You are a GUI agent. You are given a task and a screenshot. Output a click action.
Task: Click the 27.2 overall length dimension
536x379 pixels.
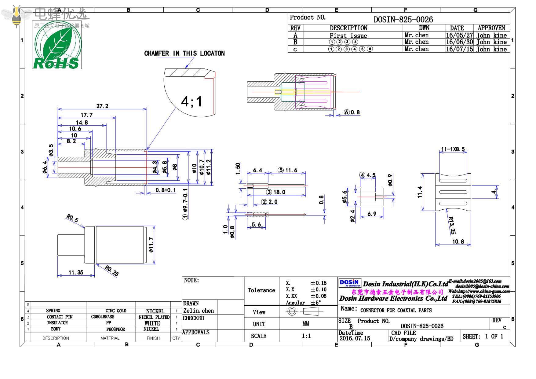pyautogui.click(x=102, y=106)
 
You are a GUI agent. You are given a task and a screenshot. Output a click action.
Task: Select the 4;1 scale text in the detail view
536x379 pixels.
pyautogui.click(x=191, y=101)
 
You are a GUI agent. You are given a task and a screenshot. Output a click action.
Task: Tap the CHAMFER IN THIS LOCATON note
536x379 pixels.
pyautogui.click(x=184, y=53)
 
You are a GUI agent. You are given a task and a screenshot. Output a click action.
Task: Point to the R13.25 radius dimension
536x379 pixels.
pyautogui.click(x=451, y=225)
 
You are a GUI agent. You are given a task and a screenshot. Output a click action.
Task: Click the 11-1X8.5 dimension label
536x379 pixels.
pyautogui.click(x=453, y=149)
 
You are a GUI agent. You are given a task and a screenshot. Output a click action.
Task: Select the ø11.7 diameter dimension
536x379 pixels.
pyautogui.click(x=151, y=245)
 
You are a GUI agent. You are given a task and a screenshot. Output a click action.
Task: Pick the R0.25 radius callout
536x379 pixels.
pyautogui.click(x=111, y=270)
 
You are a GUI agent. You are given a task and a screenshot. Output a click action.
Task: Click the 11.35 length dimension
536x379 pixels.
pyautogui.click(x=76, y=272)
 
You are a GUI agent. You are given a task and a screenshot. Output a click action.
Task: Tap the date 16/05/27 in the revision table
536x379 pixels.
pyautogui.click(x=459, y=35)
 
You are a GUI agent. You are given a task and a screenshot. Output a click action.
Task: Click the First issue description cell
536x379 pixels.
pyautogui.click(x=348, y=35)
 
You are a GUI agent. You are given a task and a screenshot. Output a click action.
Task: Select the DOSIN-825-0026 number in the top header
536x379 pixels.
pyautogui.click(x=403, y=20)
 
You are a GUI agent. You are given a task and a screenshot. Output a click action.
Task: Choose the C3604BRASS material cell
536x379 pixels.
pyautogui.click(x=103, y=317)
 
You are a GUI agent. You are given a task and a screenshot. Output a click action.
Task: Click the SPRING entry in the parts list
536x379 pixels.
pyautogui.click(x=53, y=311)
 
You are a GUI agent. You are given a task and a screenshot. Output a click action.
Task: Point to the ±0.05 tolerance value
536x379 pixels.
pyautogui.click(x=319, y=296)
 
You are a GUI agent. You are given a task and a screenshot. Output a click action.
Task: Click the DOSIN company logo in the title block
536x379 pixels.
pyautogui.click(x=350, y=282)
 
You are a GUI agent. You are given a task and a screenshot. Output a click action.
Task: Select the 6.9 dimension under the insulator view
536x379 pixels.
pyautogui.click(x=372, y=214)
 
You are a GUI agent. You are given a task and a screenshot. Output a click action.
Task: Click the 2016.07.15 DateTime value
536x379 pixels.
pyautogui.click(x=355, y=338)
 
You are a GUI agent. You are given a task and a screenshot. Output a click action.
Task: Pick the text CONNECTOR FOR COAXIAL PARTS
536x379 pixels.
pyautogui.click(x=396, y=310)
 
